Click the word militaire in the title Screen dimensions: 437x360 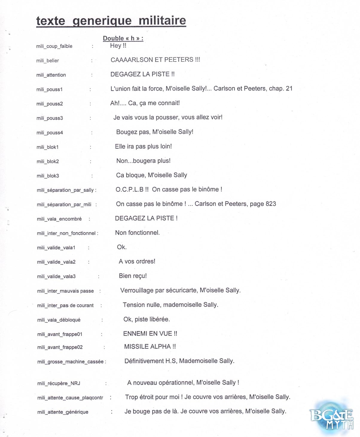[x=162, y=21]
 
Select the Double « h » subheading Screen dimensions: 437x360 [x=123, y=38]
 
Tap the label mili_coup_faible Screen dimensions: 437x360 [x=54, y=46]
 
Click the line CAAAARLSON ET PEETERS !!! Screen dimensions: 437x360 [x=155, y=60]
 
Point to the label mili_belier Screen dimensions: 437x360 [x=48, y=61]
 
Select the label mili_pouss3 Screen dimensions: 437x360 [x=50, y=118]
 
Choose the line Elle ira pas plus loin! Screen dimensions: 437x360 [x=143, y=147]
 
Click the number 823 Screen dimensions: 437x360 [x=271, y=204]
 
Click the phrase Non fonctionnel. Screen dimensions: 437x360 [x=137, y=233]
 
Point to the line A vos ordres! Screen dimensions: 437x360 [x=137, y=262]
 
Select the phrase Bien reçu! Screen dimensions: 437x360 [x=133, y=276]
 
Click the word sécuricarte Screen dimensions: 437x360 [x=182, y=290]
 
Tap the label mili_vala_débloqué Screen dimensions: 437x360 [x=59, y=320]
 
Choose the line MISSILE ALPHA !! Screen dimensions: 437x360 [x=150, y=347]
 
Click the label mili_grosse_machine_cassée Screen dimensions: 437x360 [x=70, y=362]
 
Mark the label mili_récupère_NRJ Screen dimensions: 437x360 [x=59, y=383]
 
